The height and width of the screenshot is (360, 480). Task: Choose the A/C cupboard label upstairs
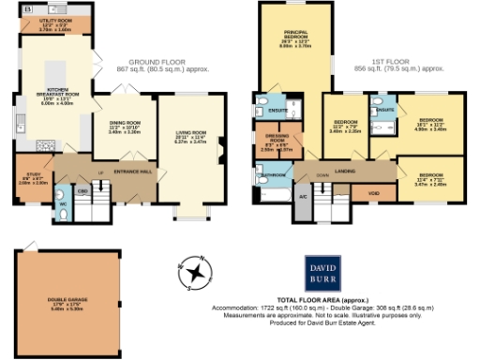click(303, 197)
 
